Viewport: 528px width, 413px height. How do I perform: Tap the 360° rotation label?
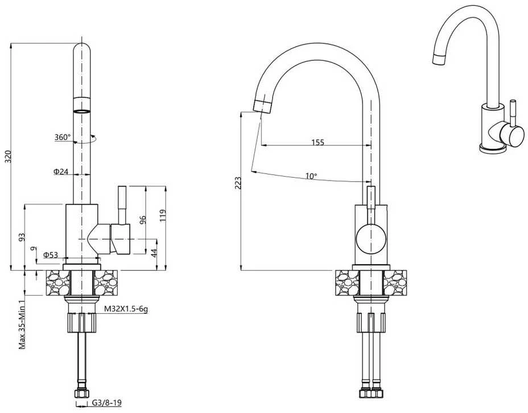tap(63, 137)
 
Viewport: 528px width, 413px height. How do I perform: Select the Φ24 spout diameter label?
tap(61, 171)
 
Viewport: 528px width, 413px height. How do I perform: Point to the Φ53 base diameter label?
tap(51, 255)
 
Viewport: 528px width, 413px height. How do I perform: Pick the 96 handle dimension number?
tap(143, 220)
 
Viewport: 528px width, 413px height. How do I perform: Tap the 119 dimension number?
tap(163, 216)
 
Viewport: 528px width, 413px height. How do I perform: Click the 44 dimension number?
tap(154, 253)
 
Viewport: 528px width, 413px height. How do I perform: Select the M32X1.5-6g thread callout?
tap(126, 309)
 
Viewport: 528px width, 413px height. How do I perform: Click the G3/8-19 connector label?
tap(106, 403)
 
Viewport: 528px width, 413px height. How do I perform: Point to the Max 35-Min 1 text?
tap(22, 324)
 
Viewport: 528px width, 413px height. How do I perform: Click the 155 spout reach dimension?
tap(317, 142)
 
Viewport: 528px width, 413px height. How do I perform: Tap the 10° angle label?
tap(311, 176)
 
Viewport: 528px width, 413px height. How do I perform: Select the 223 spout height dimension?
tap(238, 183)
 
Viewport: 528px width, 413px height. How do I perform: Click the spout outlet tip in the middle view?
tap(262, 106)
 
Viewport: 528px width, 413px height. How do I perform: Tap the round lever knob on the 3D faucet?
tap(512, 135)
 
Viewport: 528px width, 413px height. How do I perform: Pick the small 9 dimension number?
tap(32, 249)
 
